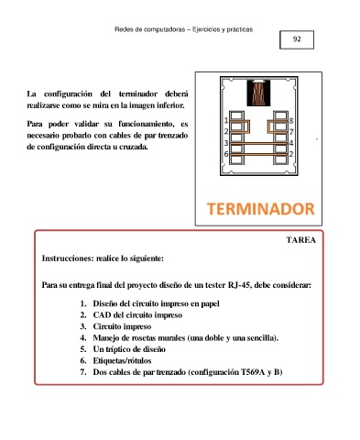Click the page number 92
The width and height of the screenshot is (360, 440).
tap(297, 39)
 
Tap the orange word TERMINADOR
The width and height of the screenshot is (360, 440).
tap(260, 209)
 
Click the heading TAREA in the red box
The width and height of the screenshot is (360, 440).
tap(301, 240)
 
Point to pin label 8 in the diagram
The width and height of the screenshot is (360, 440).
tap(291, 121)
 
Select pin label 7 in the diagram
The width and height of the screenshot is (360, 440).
tap(291, 132)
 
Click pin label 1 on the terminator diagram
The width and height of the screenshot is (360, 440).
tap(226, 120)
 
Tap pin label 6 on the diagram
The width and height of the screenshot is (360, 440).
tap(226, 154)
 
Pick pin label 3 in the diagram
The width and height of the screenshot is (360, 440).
tap(226, 143)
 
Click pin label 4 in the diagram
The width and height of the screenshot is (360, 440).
tap(291, 143)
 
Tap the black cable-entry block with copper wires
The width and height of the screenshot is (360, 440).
tap(258, 93)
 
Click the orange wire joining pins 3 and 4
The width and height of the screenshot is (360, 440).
tap(258, 143)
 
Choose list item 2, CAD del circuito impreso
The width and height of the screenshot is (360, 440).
tap(137, 315)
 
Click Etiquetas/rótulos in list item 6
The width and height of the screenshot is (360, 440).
tap(122, 361)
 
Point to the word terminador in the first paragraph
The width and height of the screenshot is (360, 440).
tap(138, 93)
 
